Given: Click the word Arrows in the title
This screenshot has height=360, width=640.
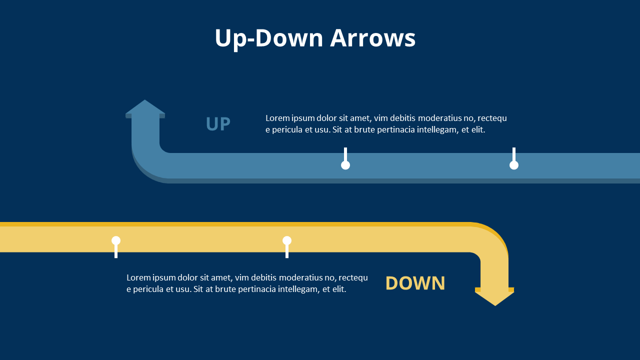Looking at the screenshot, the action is (x=372, y=38).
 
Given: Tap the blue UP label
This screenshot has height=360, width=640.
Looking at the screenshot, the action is (x=218, y=124).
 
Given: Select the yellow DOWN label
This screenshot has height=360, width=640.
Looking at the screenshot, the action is (x=415, y=283).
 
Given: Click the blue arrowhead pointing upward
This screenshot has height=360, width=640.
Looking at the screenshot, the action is (x=145, y=107).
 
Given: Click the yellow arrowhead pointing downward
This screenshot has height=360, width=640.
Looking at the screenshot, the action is (x=494, y=297).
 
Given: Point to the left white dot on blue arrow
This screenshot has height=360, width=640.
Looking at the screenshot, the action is (x=345, y=165).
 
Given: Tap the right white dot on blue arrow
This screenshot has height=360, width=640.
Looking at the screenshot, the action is (x=514, y=165).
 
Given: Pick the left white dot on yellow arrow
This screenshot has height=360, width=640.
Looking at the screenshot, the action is (x=116, y=240).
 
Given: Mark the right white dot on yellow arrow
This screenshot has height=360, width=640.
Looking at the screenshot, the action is (x=287, y=240).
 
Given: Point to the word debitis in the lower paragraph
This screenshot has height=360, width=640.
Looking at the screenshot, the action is (x=262, y=277).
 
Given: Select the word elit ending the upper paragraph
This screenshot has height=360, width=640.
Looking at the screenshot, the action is (x=477, y=130).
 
